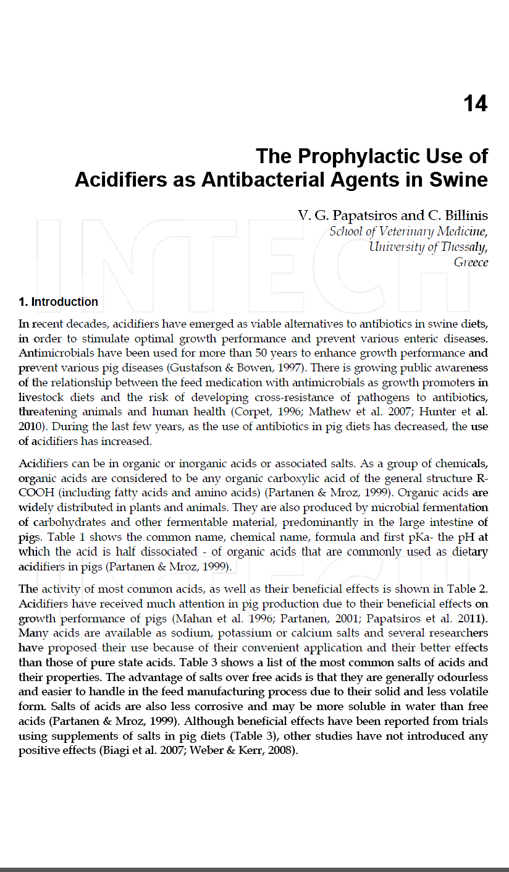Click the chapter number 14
[x=475, y=103]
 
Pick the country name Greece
[x=471, y=262]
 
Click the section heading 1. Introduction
[x=58, y=302]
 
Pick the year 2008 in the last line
[x=284, y=751]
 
